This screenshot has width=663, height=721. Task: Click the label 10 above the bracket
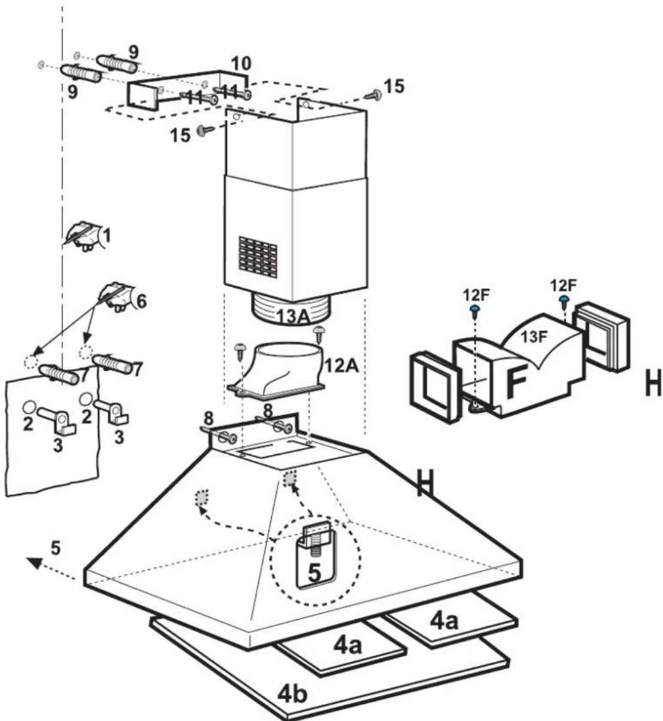pos(241,64)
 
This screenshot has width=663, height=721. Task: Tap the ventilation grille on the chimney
pos(258,257)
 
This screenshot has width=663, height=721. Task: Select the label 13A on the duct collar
pos(293,317)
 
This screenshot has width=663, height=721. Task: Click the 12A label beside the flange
pos(341,366)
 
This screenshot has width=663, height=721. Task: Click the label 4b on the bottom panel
pos(292,693)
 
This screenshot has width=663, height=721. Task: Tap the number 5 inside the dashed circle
pos(314,573)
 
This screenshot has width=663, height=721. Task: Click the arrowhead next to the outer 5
pos(33,562)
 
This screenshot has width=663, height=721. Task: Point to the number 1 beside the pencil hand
pos(106,236)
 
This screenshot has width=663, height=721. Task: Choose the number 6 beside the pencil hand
pos(141,301)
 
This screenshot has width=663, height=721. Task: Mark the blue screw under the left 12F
pos(475,311)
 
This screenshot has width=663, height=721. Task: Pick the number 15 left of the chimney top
pos(180,135)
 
